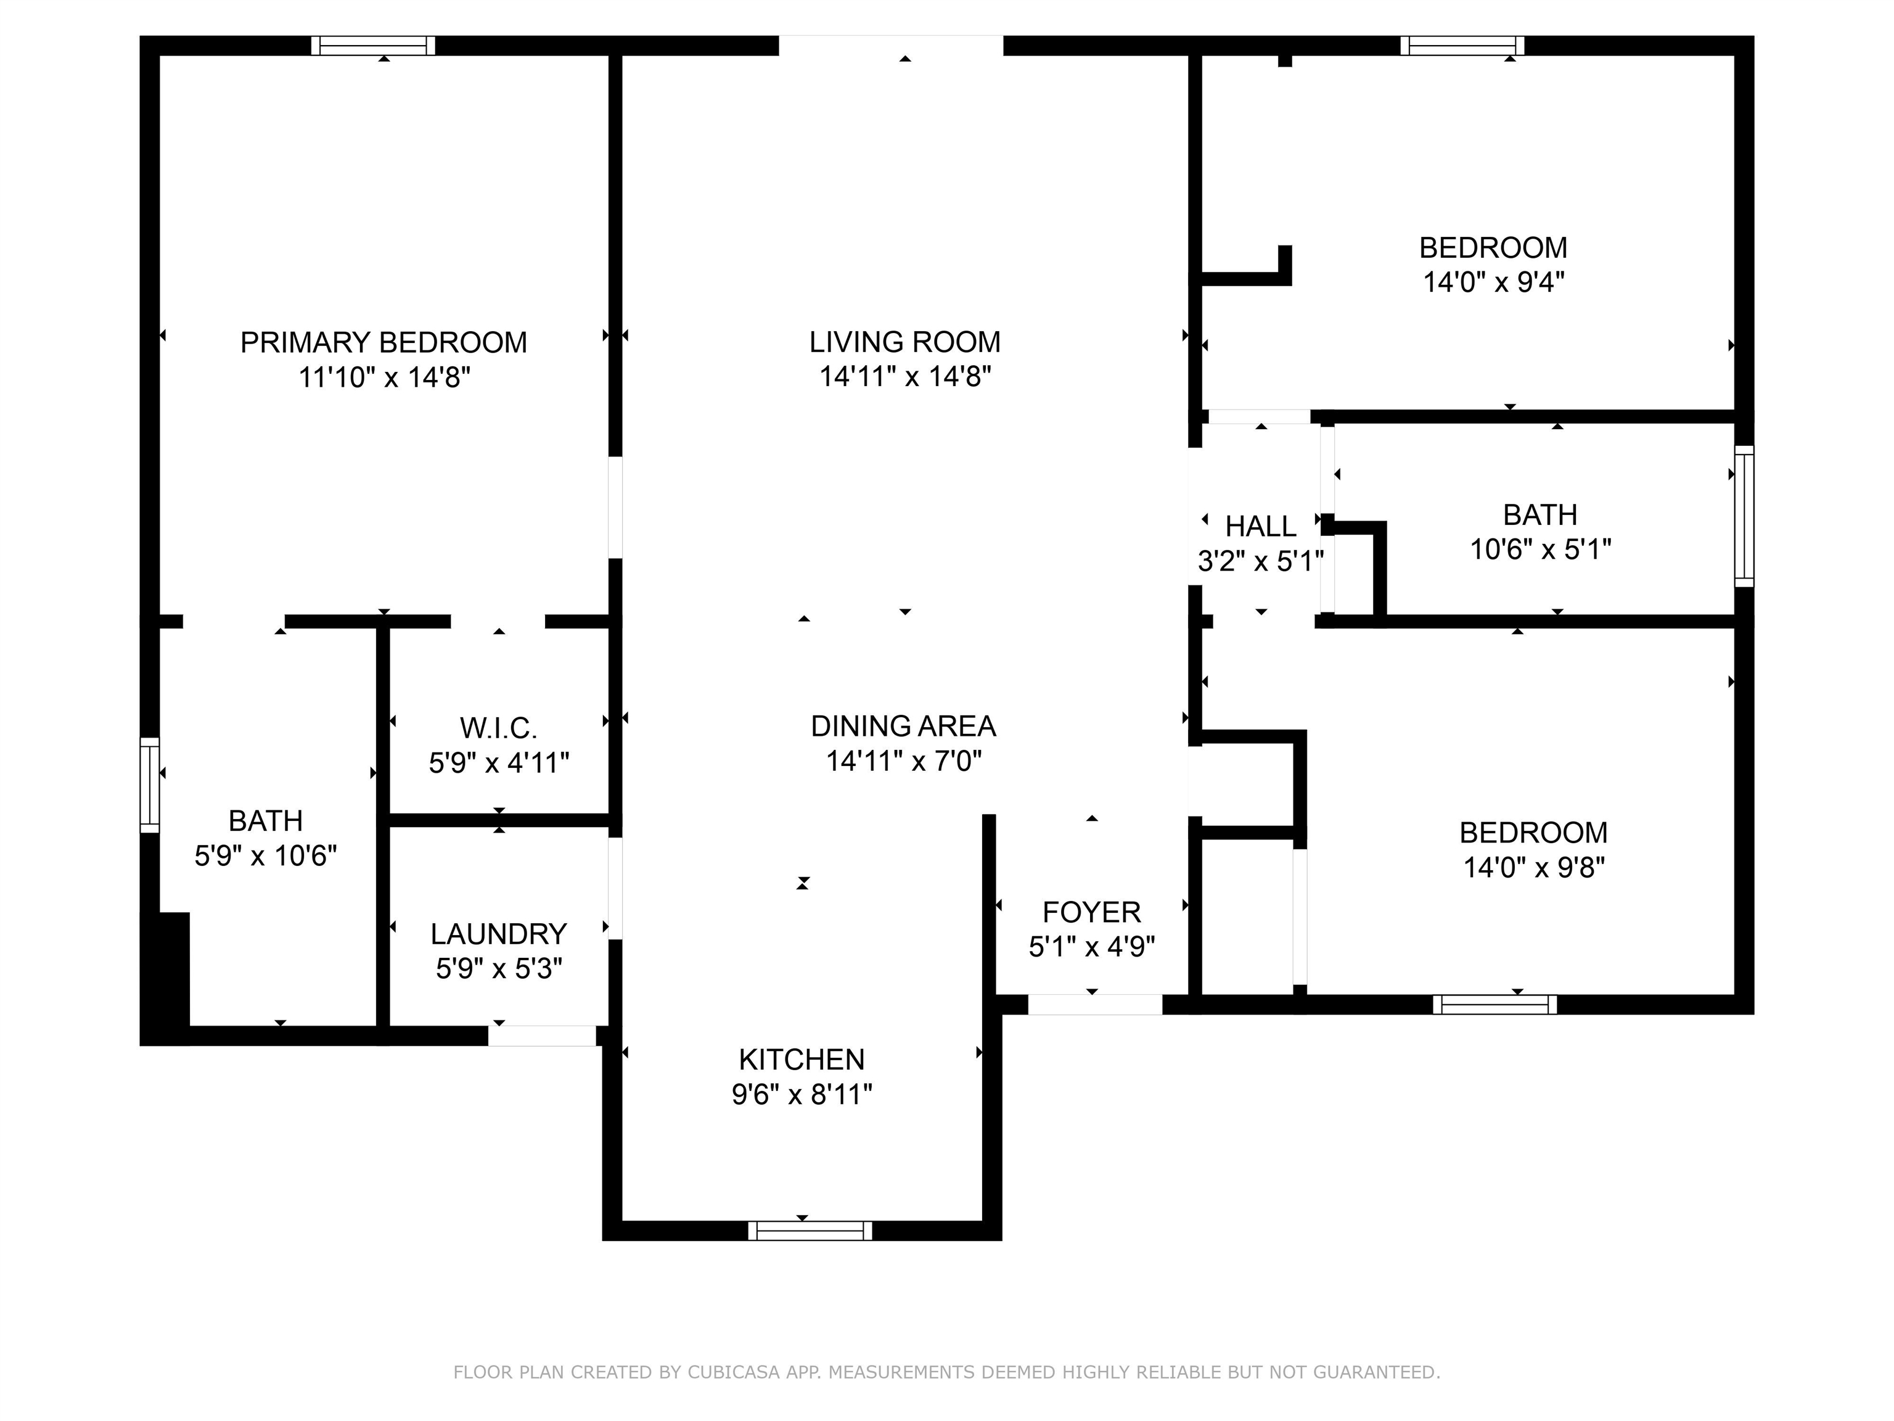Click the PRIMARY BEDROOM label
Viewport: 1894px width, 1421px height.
coord(383,343)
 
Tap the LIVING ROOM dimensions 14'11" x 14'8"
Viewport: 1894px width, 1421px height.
coord(904,377)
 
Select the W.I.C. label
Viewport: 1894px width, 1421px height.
coord(498,728)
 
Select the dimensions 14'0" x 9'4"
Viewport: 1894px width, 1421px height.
coord(1493,282)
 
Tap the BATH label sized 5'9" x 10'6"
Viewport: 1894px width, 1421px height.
coord(266,820)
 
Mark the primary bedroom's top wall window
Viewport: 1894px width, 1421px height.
coord(372,46)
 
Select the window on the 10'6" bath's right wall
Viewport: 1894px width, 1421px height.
coord(1744,516)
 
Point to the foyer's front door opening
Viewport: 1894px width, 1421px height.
coord(1094,1005)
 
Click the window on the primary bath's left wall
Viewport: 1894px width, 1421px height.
coord(150,785)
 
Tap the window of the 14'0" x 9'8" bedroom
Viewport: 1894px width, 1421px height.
coord(1494,1005)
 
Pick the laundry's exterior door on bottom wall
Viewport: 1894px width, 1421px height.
coord(541,1036)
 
